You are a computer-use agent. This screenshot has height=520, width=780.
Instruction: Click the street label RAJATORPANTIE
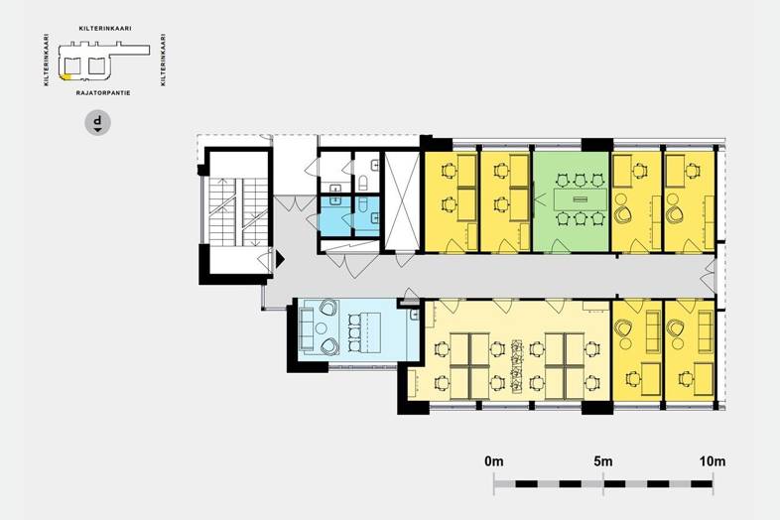103,93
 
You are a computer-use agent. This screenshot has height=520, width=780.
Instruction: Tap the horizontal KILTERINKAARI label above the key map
105,29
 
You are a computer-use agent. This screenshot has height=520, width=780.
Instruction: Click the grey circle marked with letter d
98,122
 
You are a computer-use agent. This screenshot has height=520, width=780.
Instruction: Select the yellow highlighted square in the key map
65,76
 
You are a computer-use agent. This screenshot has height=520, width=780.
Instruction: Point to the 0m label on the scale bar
494,461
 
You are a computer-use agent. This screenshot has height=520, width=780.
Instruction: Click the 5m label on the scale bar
603,461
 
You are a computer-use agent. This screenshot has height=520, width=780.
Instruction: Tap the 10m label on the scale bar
713,461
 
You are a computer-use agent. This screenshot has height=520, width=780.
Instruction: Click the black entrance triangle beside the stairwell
280,259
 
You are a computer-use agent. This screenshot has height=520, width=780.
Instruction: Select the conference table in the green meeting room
581,199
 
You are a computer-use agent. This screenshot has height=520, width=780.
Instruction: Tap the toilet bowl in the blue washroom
362,204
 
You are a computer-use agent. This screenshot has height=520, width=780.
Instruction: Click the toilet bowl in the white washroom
362,183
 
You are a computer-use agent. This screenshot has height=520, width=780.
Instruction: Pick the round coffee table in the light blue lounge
322,327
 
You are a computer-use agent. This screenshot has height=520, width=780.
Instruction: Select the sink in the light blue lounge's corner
415,315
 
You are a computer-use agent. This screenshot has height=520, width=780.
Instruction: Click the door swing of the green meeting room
559,246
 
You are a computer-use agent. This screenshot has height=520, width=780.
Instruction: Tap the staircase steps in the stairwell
238,212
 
